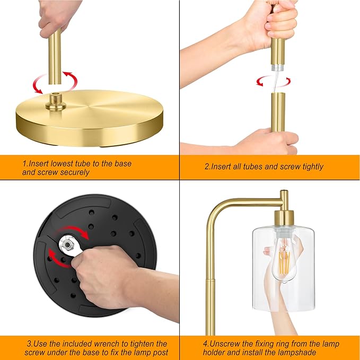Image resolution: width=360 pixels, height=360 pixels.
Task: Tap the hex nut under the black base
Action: (x=67, y=245)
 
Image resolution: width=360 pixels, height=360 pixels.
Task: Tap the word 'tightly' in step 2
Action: (x=313, y=166)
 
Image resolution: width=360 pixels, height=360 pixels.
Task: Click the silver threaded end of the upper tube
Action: (x=278, y=67)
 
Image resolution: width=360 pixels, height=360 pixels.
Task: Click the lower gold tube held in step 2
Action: (x=278, y=112)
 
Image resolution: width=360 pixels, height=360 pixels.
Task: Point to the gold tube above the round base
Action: (x=55, y=57)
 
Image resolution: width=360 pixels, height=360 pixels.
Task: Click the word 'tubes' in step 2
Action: (x=252, y=166)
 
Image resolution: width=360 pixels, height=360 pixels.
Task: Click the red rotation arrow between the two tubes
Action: (x=274, y=82)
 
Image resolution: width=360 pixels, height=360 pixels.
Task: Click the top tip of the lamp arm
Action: (x=284, y=190)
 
